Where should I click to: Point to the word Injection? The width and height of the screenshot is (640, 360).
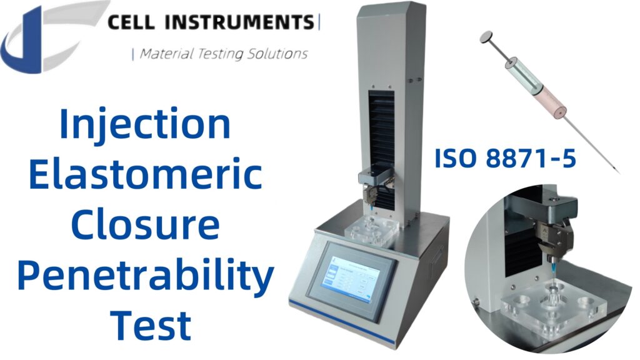[x=145, y=124]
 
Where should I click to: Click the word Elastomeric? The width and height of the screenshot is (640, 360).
[x=145, y=176]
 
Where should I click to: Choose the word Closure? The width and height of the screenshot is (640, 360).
[x=145, y=226]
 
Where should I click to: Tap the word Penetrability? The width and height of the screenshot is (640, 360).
[x=145, y=277]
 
